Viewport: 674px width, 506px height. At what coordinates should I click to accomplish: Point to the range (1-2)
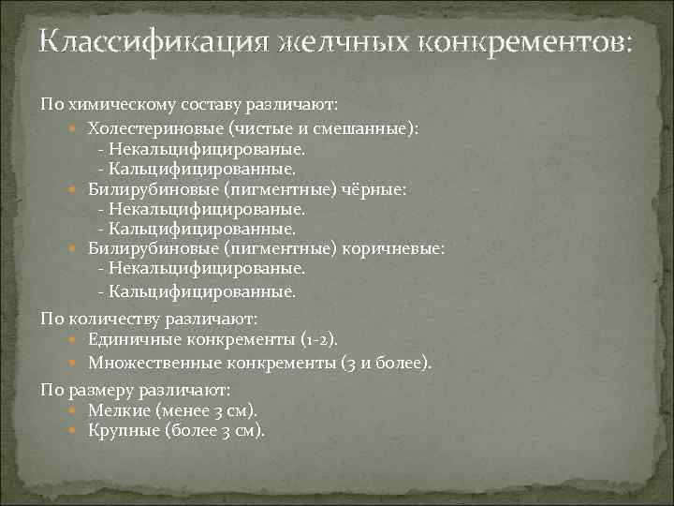pos(319,339)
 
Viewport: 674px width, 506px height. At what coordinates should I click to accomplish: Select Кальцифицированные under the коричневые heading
pos(201,291)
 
